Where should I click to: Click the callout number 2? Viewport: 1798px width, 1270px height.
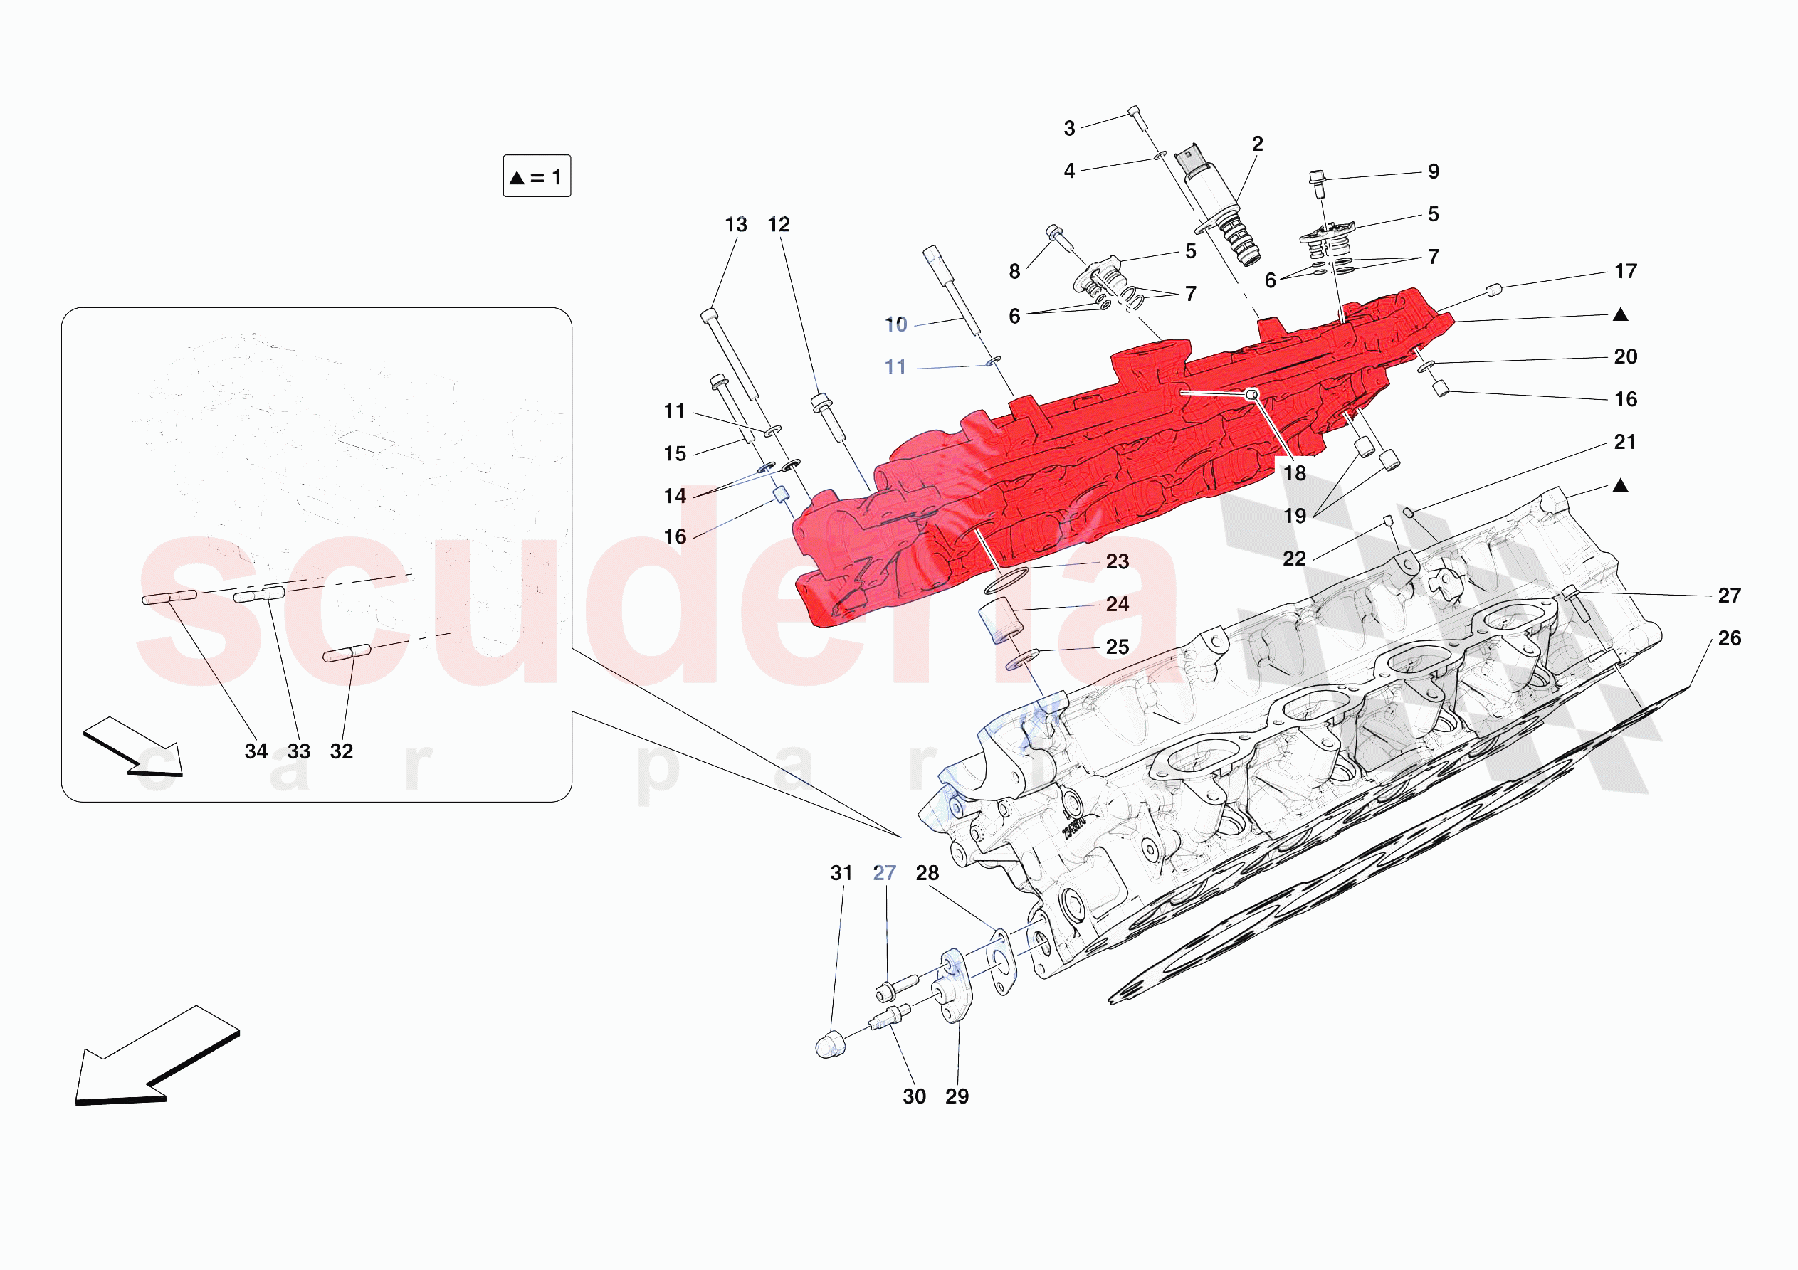(x=1257, y=144)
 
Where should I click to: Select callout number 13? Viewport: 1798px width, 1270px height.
(x=735, y=225)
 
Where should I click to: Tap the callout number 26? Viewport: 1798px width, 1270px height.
(x=1729, y=638)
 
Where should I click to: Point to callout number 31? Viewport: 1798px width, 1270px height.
(x=841, y=873)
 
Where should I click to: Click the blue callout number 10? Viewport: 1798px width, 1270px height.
(x=896, y=324)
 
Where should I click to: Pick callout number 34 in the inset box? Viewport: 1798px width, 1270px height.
(x=256, y=751)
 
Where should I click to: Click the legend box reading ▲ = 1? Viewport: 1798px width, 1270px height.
(x=537, y=176)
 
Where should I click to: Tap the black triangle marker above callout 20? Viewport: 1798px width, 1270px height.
(x=1620, y=314)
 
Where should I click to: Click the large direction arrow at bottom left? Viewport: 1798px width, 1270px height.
(x=157, y=1054)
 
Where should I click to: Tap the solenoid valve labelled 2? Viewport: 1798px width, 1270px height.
(x=1218, y=203)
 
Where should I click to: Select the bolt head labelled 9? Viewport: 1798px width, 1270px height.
(x=1316, y=176)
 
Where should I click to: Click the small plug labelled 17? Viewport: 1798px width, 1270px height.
(x=1493, y=290)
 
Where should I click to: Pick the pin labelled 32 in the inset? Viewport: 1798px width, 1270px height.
(x=347, y=653)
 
